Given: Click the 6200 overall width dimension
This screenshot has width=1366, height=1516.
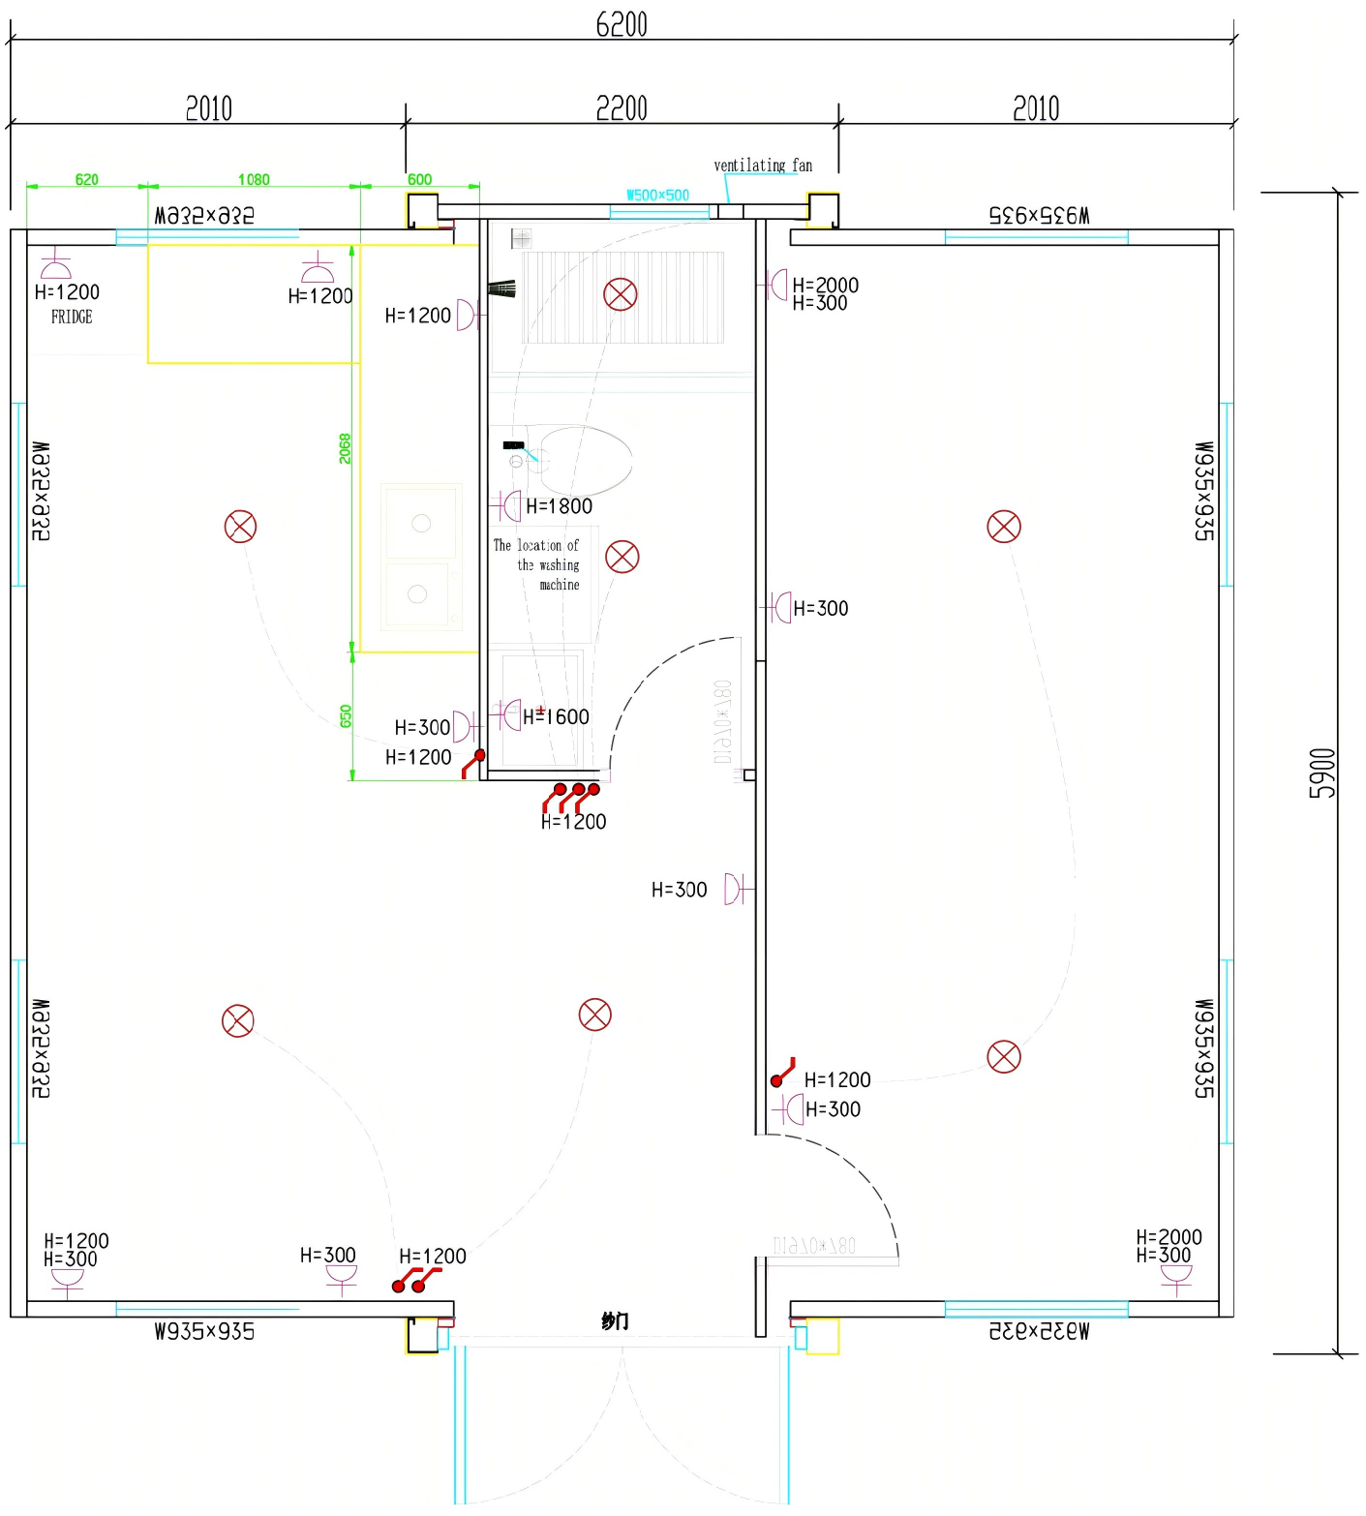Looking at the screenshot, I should point(621,24).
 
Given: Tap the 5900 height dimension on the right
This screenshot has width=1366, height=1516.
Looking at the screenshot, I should point(1322,773).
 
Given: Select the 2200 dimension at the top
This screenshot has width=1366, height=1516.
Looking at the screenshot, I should point(621,108).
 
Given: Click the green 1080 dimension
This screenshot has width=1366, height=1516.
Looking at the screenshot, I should point(254,179).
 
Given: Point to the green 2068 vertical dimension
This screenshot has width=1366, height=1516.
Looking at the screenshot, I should point(346,448).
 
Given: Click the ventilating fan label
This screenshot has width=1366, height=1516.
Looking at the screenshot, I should point(763,166).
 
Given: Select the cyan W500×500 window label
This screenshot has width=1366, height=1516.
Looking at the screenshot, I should point(657,195).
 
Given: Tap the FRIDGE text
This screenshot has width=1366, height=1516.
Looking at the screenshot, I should point(72,317).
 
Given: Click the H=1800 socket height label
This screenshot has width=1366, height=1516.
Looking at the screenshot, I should point(559,506).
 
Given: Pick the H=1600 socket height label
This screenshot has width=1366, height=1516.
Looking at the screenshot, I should point(556,717).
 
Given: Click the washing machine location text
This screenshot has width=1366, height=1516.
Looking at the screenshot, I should point(538,565).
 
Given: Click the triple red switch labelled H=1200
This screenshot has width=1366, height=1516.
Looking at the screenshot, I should point(571,796).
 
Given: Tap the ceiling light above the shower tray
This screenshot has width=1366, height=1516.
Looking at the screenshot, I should point(621,294).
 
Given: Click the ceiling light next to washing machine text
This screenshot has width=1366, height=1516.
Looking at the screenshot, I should point(622,557).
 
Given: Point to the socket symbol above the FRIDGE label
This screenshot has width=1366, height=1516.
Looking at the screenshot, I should point(56,266).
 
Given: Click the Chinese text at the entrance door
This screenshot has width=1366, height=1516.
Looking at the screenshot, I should point(615,1321).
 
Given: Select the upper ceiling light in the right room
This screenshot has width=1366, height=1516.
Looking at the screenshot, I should point(1004,527).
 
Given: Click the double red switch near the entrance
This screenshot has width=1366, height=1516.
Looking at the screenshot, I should point(414,1280).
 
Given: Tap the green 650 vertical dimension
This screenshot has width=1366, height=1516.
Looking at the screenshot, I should point(346,716).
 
